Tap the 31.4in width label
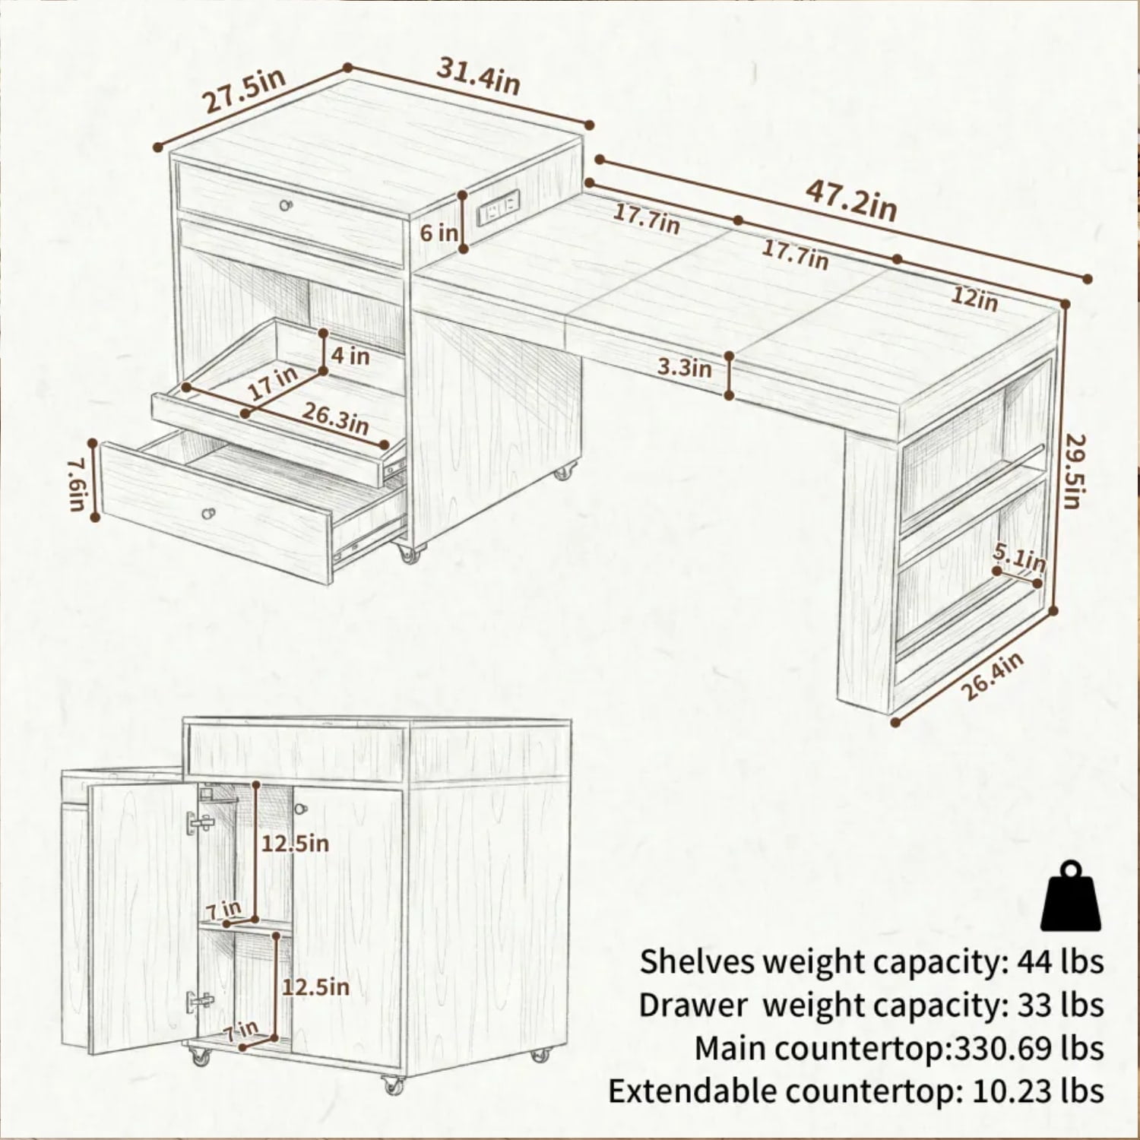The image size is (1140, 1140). pyautogui.click(x=478, y=76)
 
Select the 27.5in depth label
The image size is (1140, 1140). pyautogui.click(x=245, y=90)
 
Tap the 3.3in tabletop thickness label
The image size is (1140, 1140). pyautogui.click(x=684, y=368)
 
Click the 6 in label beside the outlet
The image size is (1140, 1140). pyautogui.click(x=439, y=232)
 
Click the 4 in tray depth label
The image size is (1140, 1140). pyautogui.click(x=350, y=355)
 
